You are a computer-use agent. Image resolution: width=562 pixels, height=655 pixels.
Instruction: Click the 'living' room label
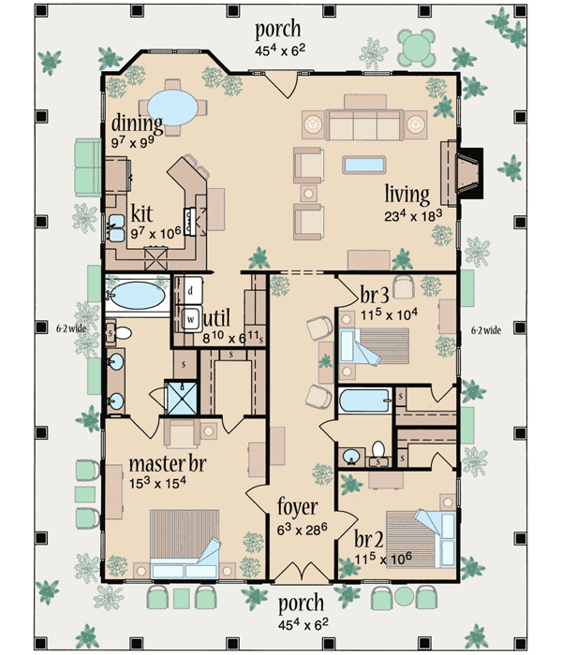(407, 195)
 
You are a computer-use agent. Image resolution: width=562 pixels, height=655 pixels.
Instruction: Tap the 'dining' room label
(137, 124)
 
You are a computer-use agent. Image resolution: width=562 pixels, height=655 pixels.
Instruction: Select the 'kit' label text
(142, 211)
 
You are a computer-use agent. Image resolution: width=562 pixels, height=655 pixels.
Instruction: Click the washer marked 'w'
(190, 317)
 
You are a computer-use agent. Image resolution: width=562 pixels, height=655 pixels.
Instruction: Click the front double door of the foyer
(300, 573)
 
